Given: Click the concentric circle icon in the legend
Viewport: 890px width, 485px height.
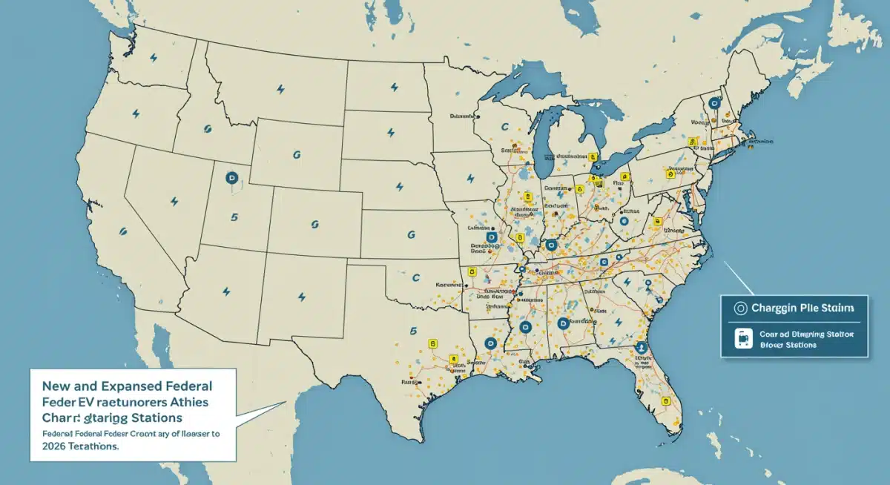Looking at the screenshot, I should pos(739,307).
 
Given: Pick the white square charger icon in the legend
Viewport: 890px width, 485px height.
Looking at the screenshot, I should pos(741,339).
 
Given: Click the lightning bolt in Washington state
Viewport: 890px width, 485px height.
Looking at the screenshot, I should pos(154,58).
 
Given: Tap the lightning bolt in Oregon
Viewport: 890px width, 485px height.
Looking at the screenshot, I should pos(136,113).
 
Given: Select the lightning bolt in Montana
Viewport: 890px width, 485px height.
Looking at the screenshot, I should pos(280,90).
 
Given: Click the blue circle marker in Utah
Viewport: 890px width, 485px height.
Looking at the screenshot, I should pos(231,178).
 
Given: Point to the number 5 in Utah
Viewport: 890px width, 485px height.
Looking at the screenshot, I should pos(234,218).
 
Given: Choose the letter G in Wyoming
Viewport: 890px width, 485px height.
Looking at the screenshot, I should pos(296,155).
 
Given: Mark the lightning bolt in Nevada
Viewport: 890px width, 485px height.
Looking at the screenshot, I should pos(174,200).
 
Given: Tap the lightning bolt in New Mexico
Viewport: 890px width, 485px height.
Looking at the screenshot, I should pos(302,297).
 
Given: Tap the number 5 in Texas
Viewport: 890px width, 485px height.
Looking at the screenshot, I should pos(412,332).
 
